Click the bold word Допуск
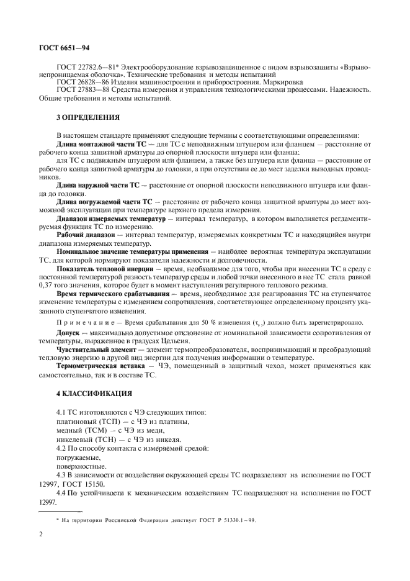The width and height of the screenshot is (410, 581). (69, 333)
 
